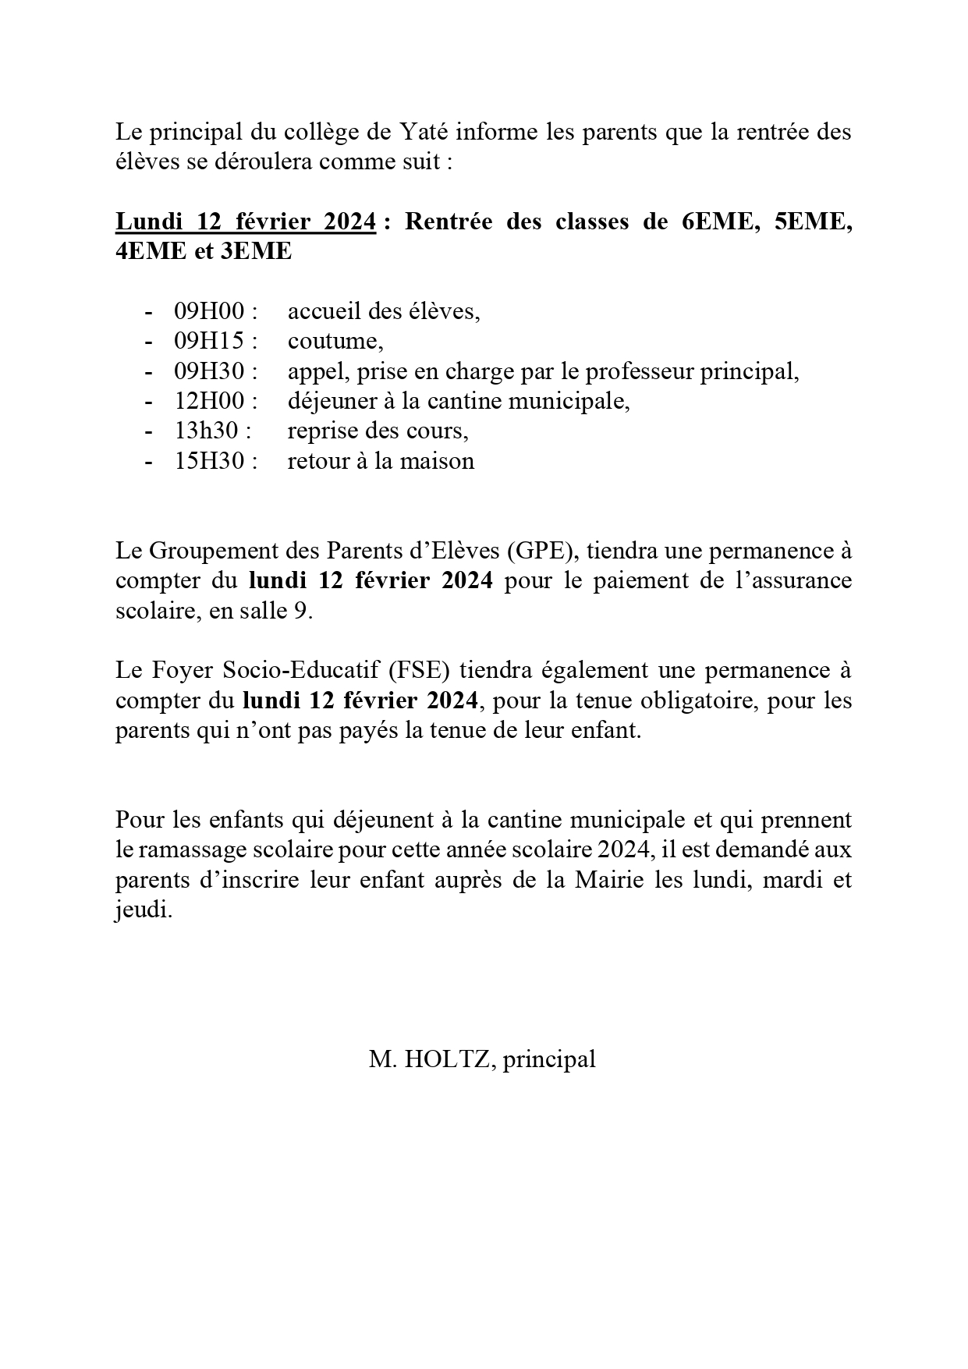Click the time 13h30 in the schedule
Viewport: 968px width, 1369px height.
point(207,431)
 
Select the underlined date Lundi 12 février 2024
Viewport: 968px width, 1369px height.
point(246,222)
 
